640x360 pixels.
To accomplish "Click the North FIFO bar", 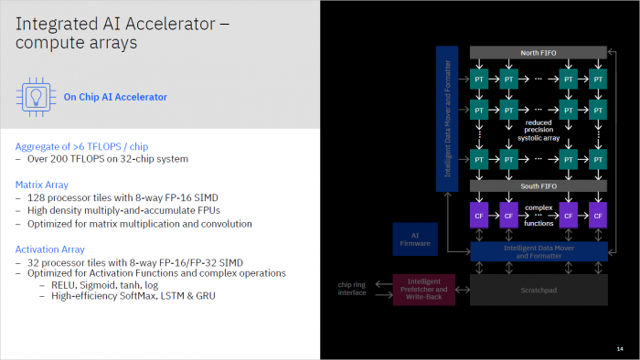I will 538,53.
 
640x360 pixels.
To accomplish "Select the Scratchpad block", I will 538,290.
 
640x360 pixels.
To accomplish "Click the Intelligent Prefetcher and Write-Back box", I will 424,290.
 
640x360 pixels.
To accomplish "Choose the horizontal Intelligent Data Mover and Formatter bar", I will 538,251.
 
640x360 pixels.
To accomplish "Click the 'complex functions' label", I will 538,215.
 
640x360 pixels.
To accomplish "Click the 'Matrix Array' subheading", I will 41,185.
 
